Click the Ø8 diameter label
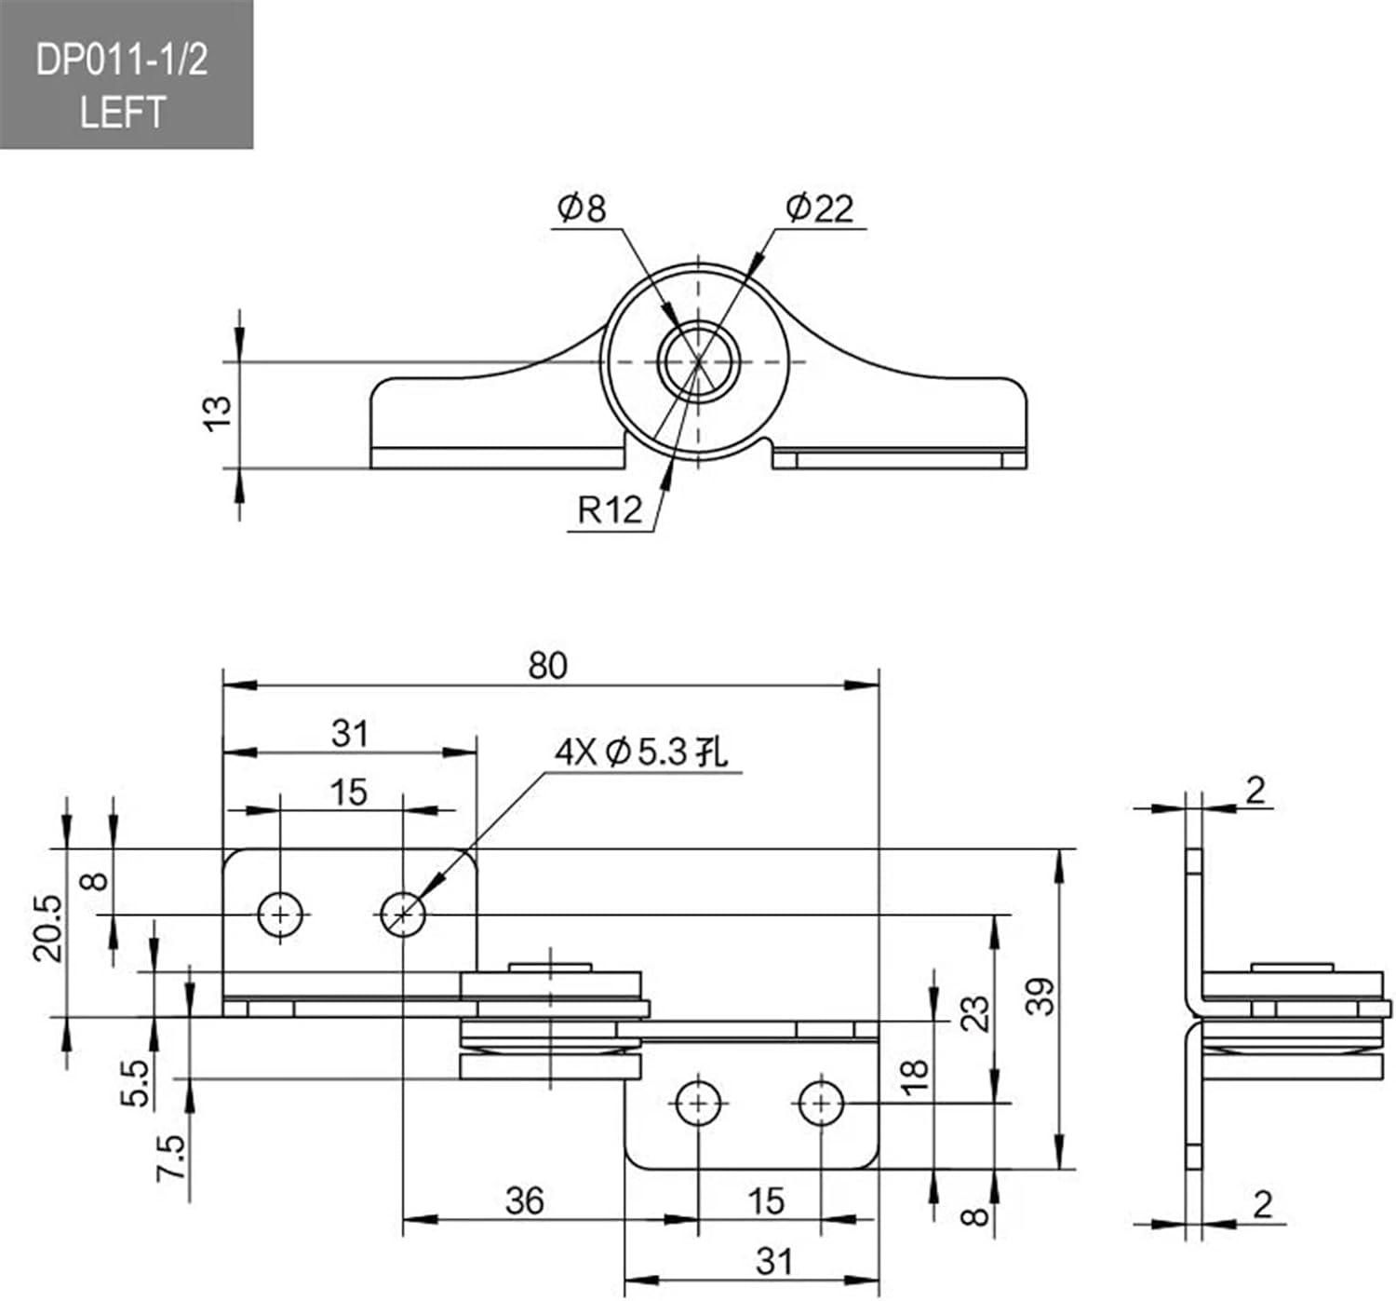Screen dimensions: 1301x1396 (582, 208)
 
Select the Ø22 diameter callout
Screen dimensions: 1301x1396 (819, 208)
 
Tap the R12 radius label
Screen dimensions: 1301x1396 (610, 510)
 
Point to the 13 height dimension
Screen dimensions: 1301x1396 (217, 413)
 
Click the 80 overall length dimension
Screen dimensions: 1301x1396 (547, 666)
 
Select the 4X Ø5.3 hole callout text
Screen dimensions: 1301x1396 (642, 752)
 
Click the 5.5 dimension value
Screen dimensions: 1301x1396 (136, 1082)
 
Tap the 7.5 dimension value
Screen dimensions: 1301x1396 (170, 1158)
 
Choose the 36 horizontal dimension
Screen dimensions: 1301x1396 (524, 1200)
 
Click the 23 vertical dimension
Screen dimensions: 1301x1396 (974, 1013)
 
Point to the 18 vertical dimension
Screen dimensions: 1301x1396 (916, 1075)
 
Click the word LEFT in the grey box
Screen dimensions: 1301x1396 (122, 113)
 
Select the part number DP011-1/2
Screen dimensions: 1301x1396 (122, 61)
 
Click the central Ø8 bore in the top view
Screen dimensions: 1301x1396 (699, 361)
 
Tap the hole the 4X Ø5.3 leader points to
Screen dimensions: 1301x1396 (403, 915)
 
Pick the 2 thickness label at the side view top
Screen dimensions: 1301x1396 (1255, 791)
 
